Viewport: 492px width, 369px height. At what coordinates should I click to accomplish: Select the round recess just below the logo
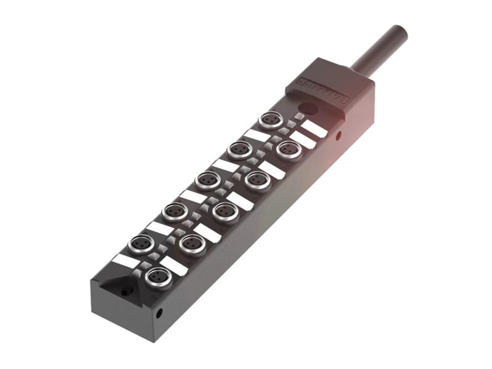coord(311,109)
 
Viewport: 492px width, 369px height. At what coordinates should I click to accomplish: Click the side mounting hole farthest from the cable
coord(159,313)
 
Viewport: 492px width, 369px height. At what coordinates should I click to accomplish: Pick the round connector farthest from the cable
coord(158,277)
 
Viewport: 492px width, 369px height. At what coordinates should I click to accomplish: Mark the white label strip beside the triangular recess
coord(125,261)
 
